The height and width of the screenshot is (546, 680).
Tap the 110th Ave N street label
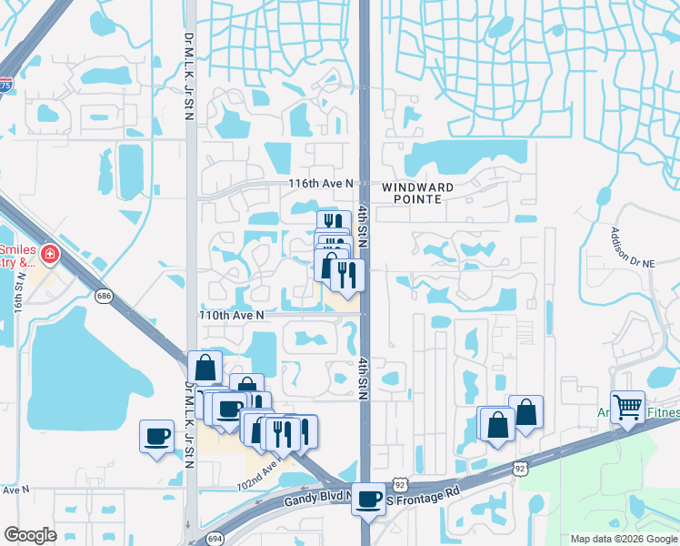pos(232,315)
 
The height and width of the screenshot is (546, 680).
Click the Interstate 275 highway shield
pos(5,86)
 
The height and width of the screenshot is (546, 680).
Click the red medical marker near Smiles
pos(49,254)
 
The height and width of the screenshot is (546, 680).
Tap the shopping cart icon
pos(628,407)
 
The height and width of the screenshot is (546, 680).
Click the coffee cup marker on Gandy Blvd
pos(368,499)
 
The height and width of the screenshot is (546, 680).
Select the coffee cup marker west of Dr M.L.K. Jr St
pos(157,436)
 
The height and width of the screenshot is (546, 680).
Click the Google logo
pos(31,535)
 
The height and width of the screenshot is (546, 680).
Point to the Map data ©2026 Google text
pos(622,539)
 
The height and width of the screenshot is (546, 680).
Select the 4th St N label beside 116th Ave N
pos(362,218)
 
